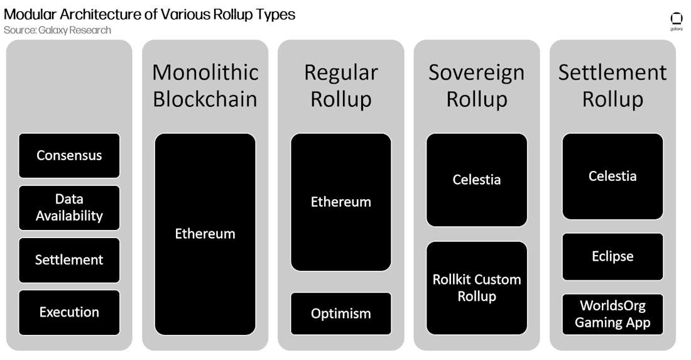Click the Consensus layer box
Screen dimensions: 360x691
coord(69,155)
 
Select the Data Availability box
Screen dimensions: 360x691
coord(69,207)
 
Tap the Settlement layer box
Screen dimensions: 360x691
coord(69,259)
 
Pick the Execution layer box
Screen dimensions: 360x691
coord(69,312)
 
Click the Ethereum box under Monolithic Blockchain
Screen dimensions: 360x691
coord(205,234)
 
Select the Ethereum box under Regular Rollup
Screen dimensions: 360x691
coord(341,202)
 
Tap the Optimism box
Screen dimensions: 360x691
coord(341,313)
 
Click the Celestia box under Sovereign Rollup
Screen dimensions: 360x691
coord(477,180)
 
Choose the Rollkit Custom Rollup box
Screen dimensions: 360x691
coord(477,288)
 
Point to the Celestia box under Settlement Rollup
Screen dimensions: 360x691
coord(612,176)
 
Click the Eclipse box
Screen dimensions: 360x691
coord(612,256)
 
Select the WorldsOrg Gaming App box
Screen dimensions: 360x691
coord(612,314)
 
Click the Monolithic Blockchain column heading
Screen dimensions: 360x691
coord(205,85)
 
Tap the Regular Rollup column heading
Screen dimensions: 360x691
coord(341,85)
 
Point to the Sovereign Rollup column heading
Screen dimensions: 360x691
coord(477,85)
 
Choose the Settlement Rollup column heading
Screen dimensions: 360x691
coord(612,85)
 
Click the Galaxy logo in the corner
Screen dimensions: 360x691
coord(677,20)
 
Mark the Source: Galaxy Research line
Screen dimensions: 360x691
coord(57,30)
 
